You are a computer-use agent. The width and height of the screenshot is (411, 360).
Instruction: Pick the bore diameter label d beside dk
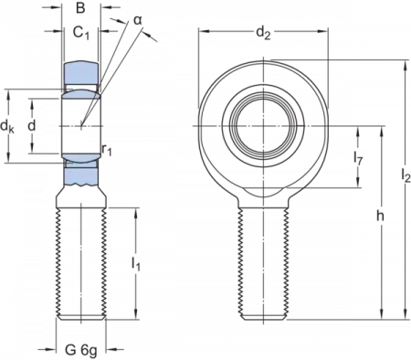point(33,119)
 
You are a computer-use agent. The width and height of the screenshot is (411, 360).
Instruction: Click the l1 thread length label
point(135,265)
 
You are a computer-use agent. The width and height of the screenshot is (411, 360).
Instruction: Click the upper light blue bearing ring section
point(82,78)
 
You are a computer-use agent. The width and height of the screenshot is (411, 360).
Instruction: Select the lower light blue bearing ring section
point(82,168)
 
